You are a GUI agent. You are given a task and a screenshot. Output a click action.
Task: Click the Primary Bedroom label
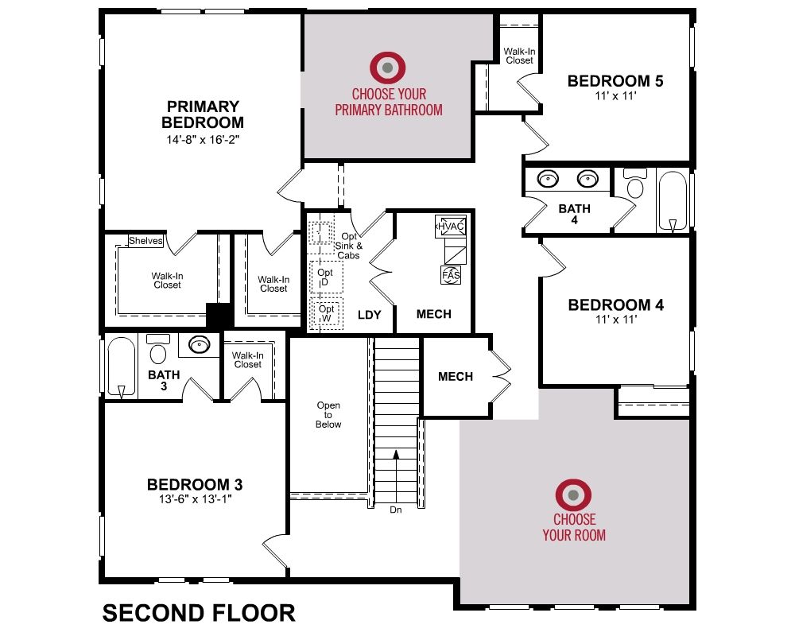(203, 114)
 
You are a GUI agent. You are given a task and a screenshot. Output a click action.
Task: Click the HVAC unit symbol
(450, 227)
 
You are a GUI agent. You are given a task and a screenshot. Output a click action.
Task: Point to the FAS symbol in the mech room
(451, 275)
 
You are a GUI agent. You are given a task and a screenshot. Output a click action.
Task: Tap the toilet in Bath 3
(158, 348)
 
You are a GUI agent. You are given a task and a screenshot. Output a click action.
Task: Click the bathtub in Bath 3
(122, 367)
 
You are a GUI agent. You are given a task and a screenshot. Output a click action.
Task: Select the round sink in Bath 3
(200, 345)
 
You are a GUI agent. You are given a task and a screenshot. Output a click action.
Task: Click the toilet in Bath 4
(634, 183)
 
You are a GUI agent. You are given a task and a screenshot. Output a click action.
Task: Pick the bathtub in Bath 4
(673, 201)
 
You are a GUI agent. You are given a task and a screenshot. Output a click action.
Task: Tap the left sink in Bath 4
(548, 179)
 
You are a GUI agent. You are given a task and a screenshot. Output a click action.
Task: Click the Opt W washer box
(326, 313)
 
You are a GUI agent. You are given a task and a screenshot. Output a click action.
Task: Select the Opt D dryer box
(326, 277)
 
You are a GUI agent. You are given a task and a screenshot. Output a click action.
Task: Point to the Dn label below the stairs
(396, 510)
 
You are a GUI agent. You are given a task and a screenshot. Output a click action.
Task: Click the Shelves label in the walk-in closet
(145, 241)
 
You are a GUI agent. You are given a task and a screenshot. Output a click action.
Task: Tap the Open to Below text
(328, 415)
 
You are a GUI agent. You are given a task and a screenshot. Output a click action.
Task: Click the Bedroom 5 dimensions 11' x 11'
(615, 96)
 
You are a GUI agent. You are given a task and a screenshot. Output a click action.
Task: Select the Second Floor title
(199, 613)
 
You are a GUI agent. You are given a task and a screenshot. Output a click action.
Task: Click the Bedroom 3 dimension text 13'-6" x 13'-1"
(196, 499)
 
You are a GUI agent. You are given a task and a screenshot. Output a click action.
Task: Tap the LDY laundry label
(369, 315)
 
